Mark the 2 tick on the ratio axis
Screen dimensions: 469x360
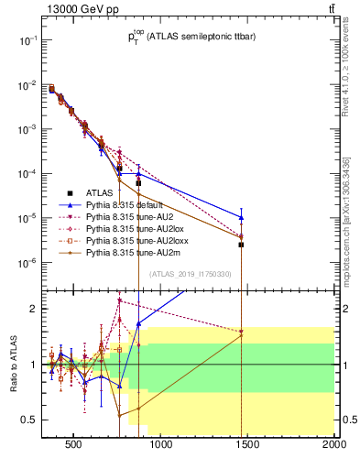coord(33,309)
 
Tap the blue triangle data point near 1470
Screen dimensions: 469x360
coord(242,217)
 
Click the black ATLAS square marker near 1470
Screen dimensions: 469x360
coord(242,245)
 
